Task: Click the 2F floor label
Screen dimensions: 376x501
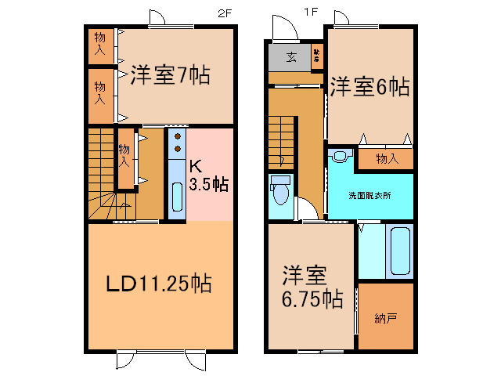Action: click(225, 12)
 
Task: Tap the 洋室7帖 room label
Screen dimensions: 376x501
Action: click(170, 77)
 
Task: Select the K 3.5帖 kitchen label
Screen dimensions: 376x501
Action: click(209, 175)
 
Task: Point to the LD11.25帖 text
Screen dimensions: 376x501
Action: click(160, 283)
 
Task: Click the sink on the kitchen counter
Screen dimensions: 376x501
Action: click(177, 196)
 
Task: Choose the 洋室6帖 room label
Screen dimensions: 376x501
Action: click(369, 86)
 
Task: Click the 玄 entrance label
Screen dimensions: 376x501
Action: click(291, 56)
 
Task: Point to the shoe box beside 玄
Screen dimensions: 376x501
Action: click(317, 56)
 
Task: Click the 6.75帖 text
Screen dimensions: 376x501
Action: click(311, 299)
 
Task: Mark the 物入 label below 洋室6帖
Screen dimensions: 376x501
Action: click(387, 159)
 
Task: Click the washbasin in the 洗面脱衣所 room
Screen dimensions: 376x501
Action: click(341, 156)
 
